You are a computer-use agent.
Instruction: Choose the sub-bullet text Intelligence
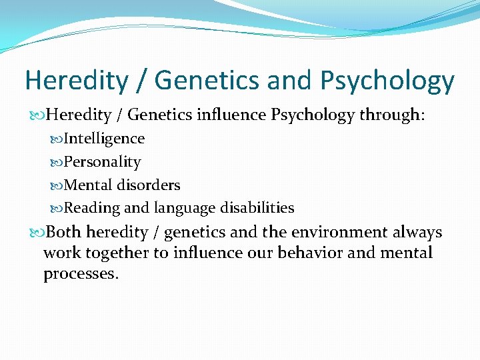tap(104, 139)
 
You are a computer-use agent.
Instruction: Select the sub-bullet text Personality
tap(102, 162)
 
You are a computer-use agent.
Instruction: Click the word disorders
tap(149, 185)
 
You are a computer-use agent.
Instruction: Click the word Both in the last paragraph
tap(64, 232)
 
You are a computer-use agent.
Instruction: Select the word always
tap(418, 233)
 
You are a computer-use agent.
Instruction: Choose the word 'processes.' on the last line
tap(81, 275)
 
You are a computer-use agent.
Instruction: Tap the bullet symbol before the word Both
tap(37, 233)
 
